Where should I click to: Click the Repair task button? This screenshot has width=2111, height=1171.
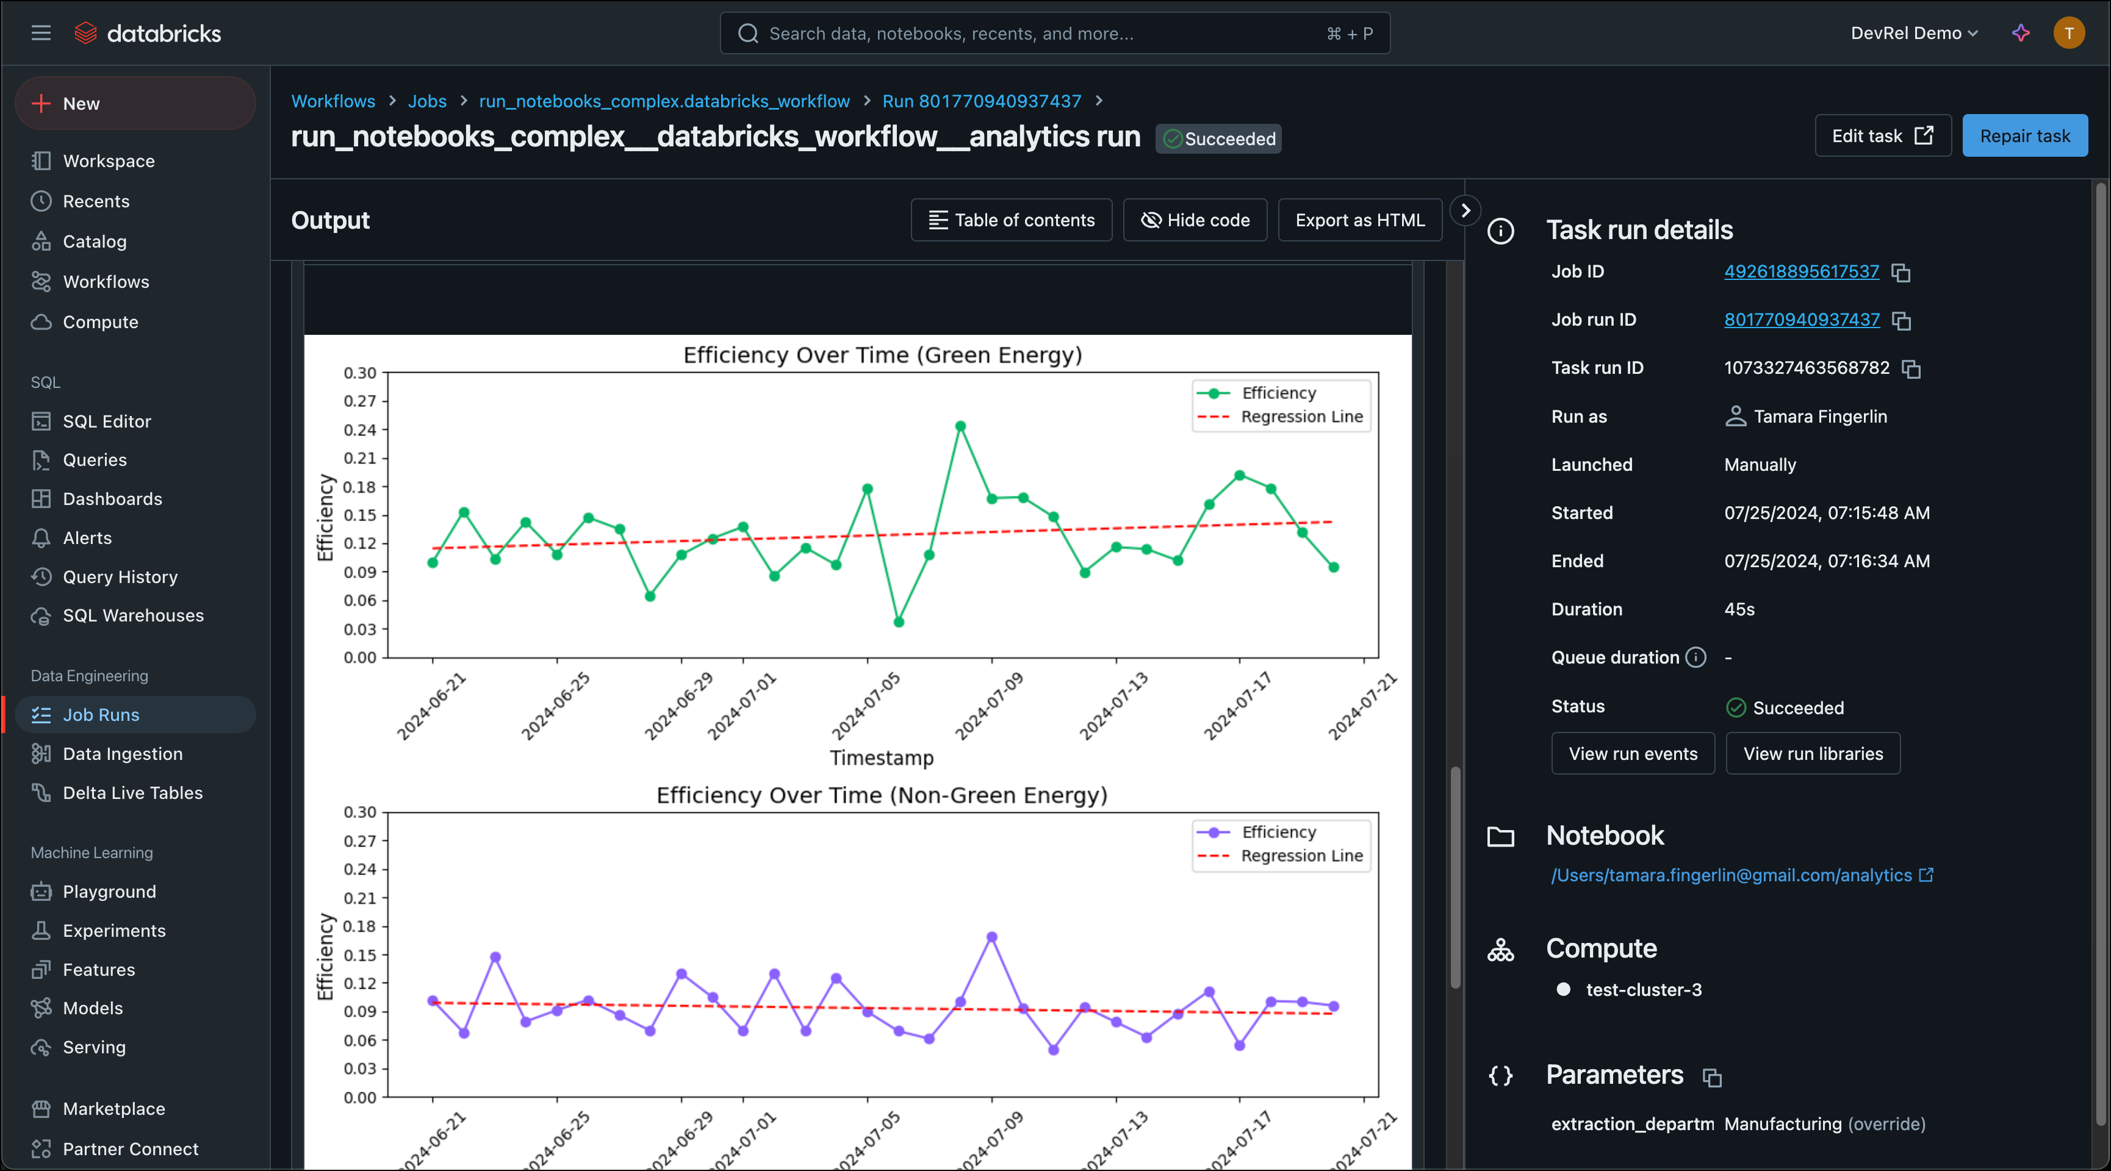tap(2024, 136)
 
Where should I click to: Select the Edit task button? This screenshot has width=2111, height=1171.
tap(1882, 136)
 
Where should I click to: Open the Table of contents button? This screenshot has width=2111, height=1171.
tap(1011, 220)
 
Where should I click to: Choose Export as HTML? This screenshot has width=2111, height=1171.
tap(1359, 220)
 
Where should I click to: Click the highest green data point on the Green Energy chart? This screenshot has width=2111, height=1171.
tap(960, 426)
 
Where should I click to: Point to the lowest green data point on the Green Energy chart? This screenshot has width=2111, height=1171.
tap(898, 622)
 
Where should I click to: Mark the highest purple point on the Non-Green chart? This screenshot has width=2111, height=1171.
tap(991, 937)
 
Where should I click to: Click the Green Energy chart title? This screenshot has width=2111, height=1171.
tap(883, 355)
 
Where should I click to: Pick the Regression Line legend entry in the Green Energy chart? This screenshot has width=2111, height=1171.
tap(1301, 417)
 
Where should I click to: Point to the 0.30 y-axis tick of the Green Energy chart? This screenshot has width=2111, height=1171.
tap(360, 373)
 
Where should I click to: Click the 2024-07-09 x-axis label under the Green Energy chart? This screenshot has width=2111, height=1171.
tap(989, 706)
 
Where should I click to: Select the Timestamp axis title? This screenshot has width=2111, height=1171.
tap(882, 758)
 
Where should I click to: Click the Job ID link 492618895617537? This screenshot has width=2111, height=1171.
tap(1801, 271)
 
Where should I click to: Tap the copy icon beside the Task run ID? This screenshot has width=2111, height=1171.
tap(1911, 369)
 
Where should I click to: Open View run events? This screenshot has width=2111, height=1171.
tap(1633, 754)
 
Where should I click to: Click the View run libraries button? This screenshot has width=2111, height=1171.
tap(1813, 754)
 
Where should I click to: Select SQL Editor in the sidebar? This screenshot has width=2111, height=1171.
tap(107, 421)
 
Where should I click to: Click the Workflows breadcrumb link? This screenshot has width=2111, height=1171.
tap(333, 101)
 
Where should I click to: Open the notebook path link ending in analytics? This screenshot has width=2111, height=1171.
tap(1731, 875)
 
